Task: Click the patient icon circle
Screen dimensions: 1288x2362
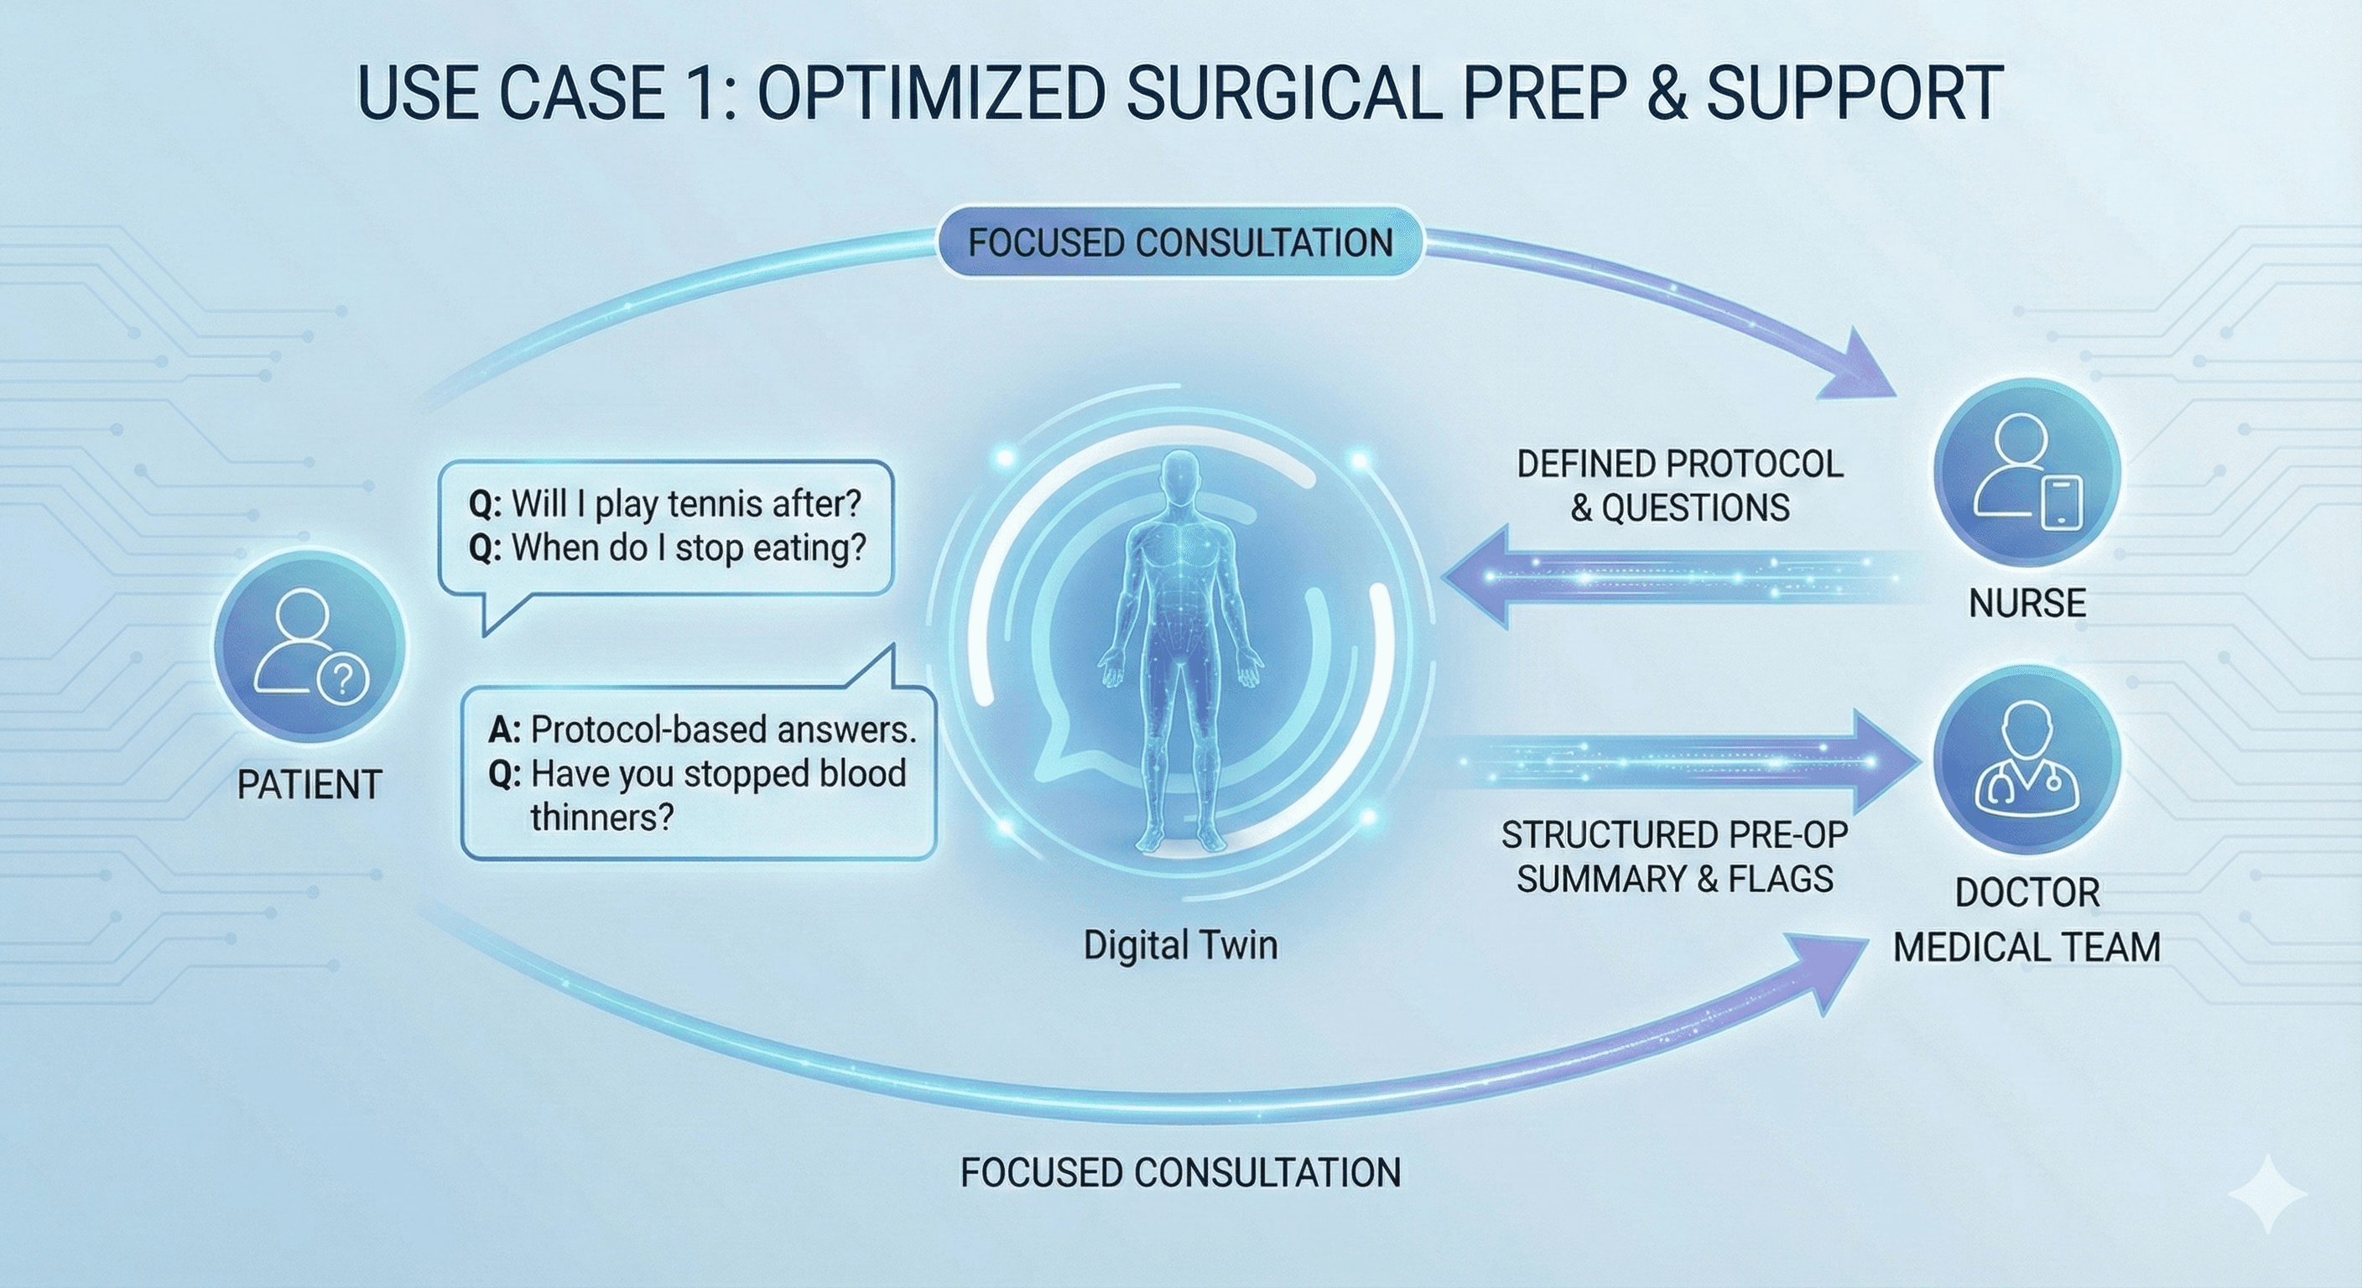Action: coord(310,647)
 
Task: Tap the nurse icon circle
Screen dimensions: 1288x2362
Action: coord(2026,473)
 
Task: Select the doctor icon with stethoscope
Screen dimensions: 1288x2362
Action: coord(2026,759)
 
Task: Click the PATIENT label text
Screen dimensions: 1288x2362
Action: coord(309,785)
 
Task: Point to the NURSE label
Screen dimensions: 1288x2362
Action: coord(2027,603)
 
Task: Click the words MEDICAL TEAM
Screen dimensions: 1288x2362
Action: coord(2026,947)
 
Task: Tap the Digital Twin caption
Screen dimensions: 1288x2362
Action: coord(1180,945)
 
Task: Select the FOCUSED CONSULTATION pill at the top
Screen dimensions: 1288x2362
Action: coord(1180,243)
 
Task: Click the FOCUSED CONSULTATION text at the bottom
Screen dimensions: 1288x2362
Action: coord(1180,1172)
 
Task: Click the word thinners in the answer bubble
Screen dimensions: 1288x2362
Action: coord(601,817)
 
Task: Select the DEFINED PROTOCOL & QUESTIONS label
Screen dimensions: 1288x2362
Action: coord(1680,486)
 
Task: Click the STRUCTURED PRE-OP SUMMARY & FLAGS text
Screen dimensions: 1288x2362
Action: coord(1674,857)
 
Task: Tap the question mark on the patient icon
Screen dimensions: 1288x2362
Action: coord(343,679)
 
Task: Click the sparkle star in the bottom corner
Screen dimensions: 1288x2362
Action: coord(2266,1194)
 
